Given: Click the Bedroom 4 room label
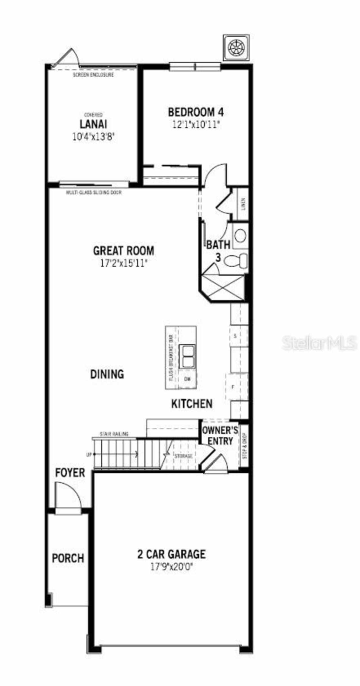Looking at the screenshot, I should pos(196,112).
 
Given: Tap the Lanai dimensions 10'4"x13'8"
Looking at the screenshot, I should pos(94,137).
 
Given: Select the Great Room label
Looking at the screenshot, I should pos(123,251).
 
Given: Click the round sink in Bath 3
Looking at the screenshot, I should pos(240,236).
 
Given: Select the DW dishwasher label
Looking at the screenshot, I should pos(188,379).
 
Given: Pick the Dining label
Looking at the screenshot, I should pos(107,374).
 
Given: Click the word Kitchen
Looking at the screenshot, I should pos(192,404).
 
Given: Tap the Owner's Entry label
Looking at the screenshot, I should pos(220,435).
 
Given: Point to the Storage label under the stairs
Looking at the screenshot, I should pos(183,456).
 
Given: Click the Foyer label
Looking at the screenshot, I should pos(70,473).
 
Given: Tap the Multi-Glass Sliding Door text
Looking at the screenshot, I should pos(94,193).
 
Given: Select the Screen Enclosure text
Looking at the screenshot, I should pos(93,75).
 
